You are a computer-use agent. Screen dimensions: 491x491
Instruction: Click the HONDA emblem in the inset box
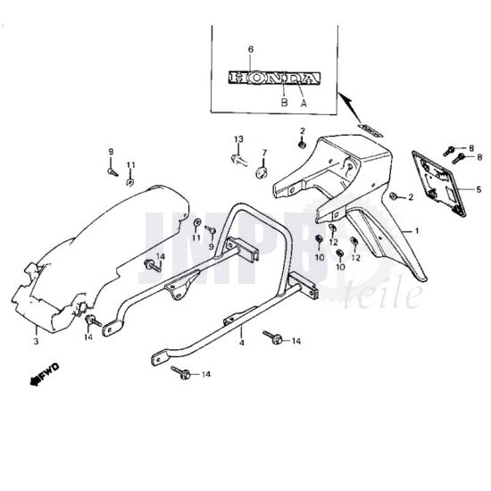point(273,79)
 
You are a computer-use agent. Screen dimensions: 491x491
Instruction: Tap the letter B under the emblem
point(284,103)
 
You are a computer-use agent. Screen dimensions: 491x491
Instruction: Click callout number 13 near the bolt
point(239,140)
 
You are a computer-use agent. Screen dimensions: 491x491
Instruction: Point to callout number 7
point(264,153)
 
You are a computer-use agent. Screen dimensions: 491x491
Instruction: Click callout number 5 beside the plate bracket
point(479,189)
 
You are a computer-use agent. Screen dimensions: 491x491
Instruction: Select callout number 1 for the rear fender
point(415,230)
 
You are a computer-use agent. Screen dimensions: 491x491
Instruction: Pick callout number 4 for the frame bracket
point(241,341)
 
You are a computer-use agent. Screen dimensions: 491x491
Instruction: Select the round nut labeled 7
point(262,171)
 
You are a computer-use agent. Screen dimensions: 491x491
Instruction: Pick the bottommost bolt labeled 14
point(184,373)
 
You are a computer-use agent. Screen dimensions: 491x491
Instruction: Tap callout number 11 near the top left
point(130,165)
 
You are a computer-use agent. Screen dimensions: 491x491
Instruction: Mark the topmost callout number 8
point(472,147)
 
